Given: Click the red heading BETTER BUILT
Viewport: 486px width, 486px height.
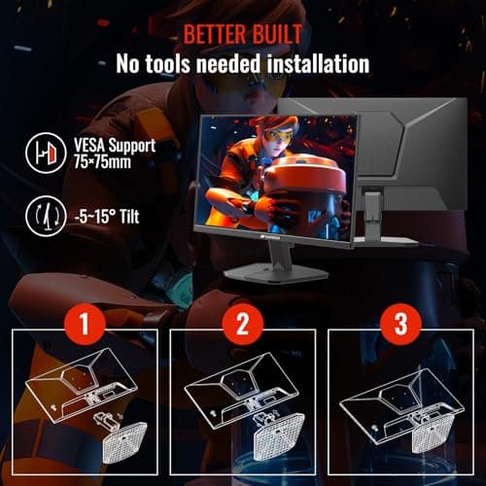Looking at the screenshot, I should (242, 35).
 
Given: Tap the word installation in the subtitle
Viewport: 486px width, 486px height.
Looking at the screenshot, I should (307, 64).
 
